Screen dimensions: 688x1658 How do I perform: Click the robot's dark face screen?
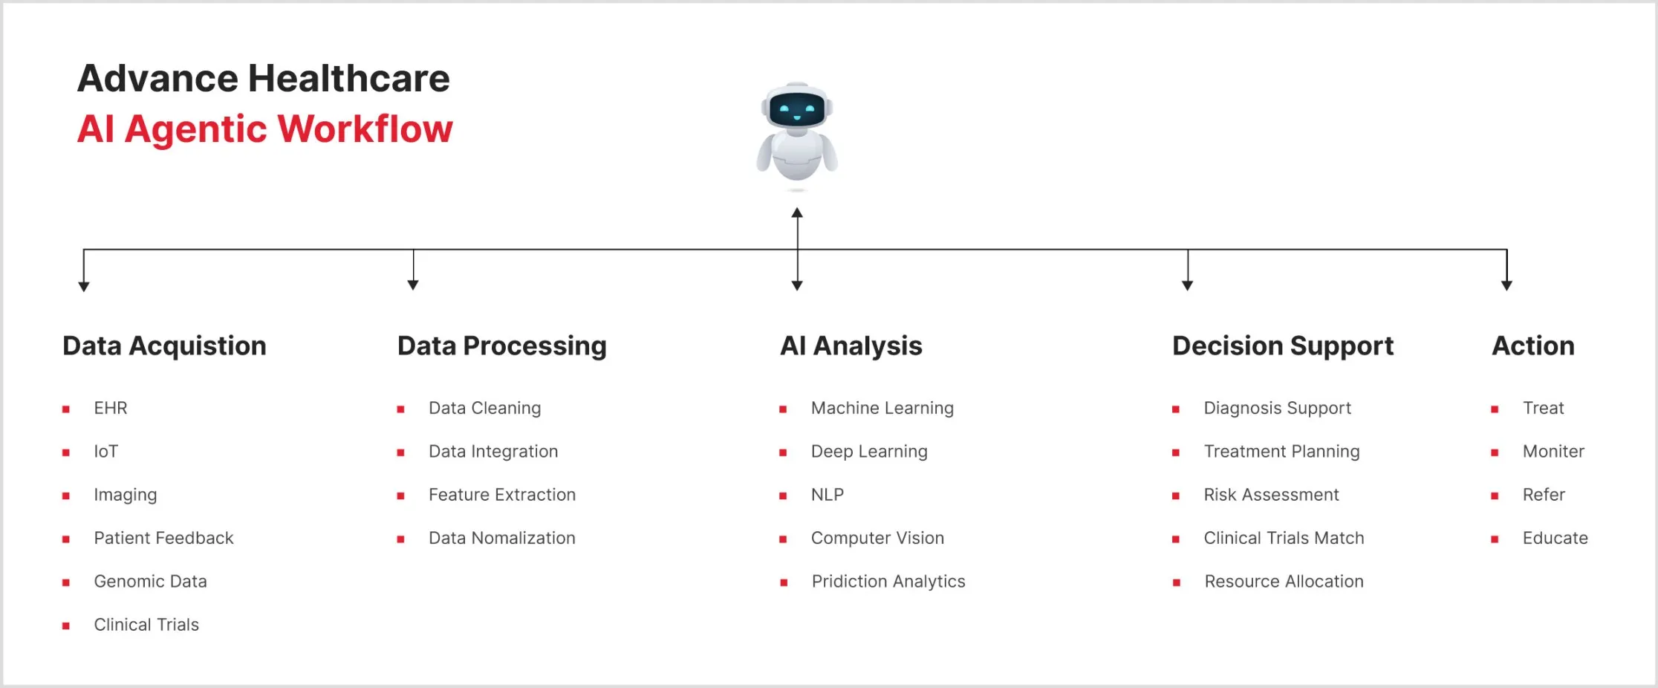[797, 111]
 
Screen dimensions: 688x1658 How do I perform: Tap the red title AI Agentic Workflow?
[264, 129]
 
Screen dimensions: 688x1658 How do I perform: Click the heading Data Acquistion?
[164, 346]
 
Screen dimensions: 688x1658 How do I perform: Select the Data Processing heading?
[501, 346]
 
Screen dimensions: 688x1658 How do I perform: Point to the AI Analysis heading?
[851, 346]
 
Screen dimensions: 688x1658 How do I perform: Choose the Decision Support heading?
[1282, 346]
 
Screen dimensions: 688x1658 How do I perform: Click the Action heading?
[1532, 346]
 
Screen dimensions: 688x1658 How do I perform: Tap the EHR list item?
[111, 409]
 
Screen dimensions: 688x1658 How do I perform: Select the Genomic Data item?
[150, 582]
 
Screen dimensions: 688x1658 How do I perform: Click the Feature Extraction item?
[501, 495]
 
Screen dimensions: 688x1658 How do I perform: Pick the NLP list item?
[827, 495]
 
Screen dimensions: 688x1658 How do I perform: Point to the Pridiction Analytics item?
[888, 582]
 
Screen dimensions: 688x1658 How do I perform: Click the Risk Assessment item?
[1271, 495]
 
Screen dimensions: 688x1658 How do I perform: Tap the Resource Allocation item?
[1284, 582]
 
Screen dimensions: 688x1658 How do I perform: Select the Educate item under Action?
[1555, 539]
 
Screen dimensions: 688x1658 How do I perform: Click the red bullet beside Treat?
[1495, 409]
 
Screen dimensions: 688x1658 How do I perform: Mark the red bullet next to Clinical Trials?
[66, 626]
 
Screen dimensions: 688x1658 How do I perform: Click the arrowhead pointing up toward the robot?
[797, 213]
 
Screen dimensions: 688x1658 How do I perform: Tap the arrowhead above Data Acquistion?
[84, 286]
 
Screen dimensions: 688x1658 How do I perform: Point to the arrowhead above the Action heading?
[1506, 285]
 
